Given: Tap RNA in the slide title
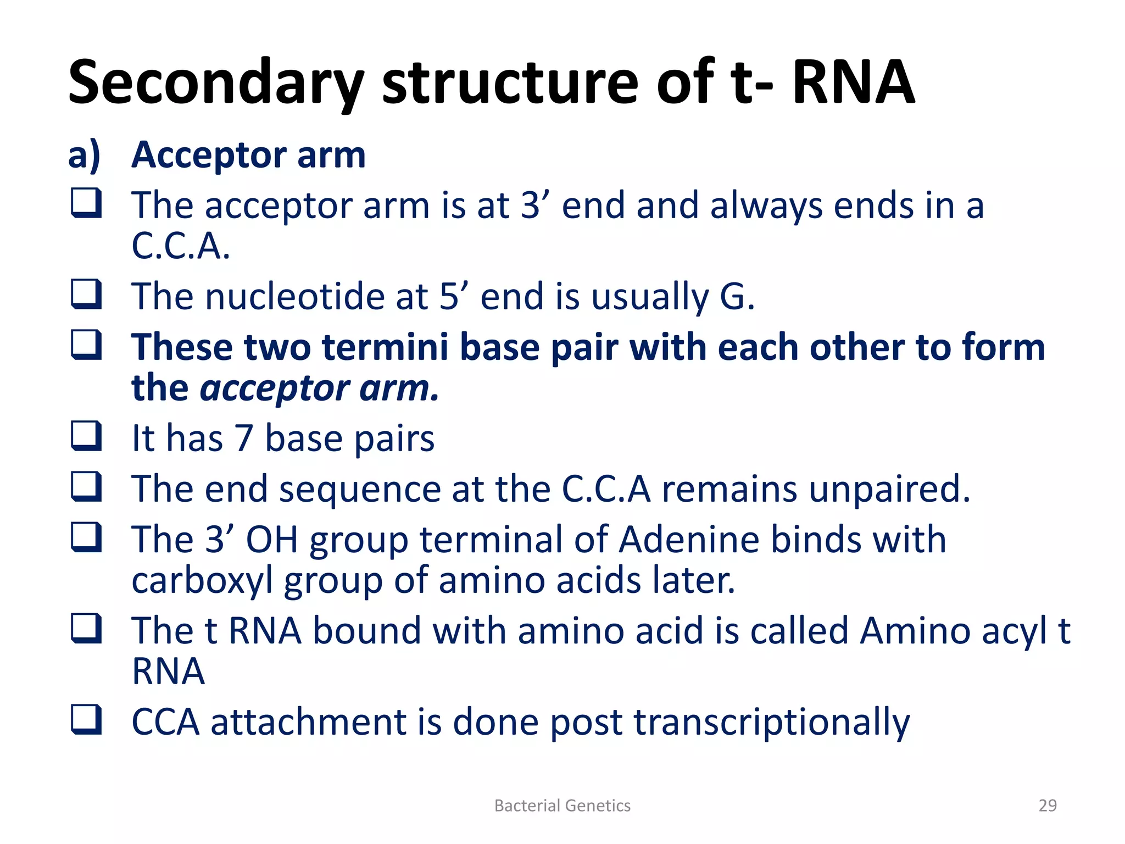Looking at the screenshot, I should [853, 82].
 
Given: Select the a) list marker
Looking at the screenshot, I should [84, 155].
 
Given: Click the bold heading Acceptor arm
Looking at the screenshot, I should [248, 155].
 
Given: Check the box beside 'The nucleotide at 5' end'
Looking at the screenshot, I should [86, 294].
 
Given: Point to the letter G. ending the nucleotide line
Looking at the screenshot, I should [737, 297].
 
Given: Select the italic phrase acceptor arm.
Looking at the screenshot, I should [319, 388].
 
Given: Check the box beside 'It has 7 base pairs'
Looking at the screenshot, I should [86, 436].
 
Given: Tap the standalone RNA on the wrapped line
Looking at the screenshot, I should [168, 671].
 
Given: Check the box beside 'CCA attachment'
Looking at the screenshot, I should [86, 720].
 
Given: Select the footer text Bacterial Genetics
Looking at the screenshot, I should [562, 806].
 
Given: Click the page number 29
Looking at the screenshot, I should [1047, 806].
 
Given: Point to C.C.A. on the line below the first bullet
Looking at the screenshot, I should [180, 246].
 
